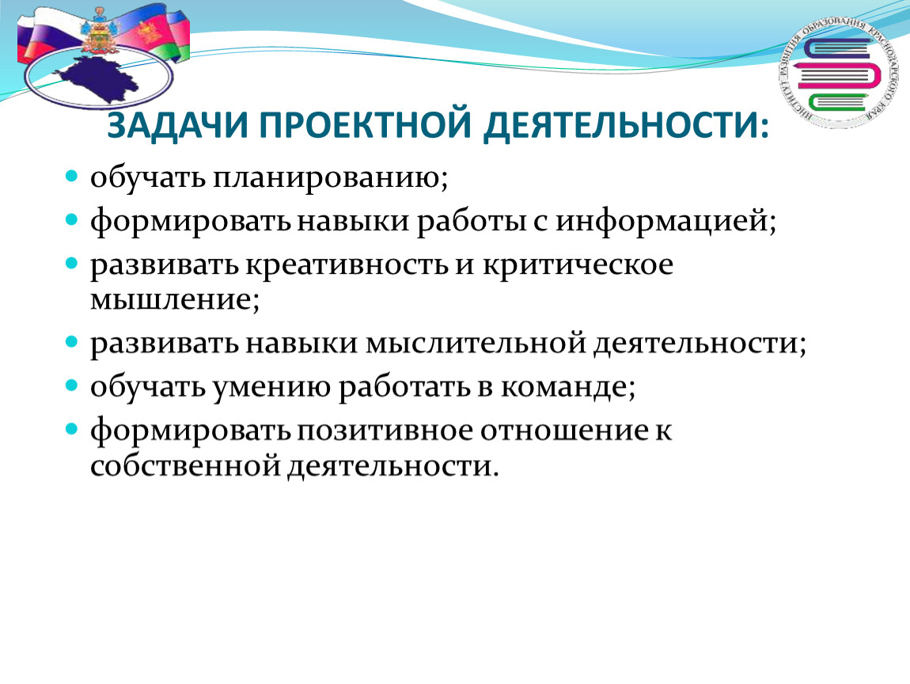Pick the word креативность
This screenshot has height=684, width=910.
pos(347,264)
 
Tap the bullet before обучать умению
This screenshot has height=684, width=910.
pos(71,386)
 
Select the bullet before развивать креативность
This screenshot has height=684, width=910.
pos(71,264)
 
